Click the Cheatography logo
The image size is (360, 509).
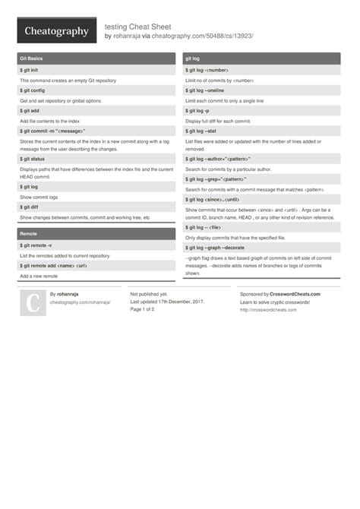click(56, 31)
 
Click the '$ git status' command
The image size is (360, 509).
click(34, 159)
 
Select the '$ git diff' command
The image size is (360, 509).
click(30, 207)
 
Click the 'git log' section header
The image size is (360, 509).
click(192, 58)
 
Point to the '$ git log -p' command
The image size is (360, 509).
click(199, 111)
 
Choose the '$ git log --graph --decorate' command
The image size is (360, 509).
click(216, 248)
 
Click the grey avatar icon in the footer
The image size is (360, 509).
click(32, 303)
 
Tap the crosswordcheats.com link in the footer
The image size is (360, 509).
click(267, 310)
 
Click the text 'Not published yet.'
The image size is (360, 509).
click(149, 294)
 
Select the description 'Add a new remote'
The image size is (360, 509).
click(39, 277)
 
